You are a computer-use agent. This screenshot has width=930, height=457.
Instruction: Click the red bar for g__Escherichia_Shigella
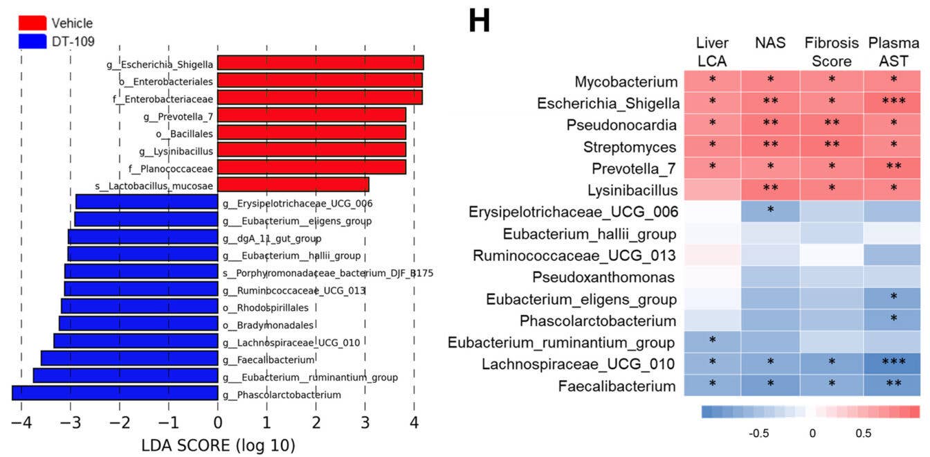(x=320, y=64)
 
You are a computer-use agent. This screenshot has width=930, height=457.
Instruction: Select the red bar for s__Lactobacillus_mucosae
(x=293, y=185)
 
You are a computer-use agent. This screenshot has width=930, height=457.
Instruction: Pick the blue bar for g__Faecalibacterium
(x=129, y=359)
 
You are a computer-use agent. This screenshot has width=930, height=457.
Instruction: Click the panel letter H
(x=479, y=22)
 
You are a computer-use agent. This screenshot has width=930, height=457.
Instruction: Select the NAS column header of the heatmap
(x=770, y=43)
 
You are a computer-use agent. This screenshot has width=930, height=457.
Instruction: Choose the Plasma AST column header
(x=893, y=51)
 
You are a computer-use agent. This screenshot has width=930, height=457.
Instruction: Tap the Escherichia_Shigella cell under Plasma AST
(x=893, y=103)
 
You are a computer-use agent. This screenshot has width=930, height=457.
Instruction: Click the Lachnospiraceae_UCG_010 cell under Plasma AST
(x=893, y=364)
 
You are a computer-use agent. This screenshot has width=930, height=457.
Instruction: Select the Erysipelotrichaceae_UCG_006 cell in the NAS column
(x=770, y=211)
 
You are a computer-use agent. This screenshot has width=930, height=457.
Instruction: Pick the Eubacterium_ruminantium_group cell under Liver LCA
(x=712, y=341)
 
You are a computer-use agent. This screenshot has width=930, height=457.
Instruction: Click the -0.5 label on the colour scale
(x=760, y=433)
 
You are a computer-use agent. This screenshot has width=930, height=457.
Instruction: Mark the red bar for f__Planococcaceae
(x=311, y=168)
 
